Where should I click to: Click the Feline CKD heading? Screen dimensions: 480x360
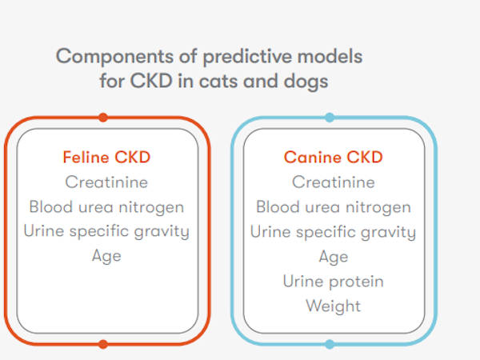(x=106, y=158)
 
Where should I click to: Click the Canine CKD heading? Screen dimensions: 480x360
(x=334, y=158)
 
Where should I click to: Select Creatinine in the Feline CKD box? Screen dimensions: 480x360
(x=106, y=182)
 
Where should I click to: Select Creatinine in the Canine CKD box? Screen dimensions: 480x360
(x=334, y=182)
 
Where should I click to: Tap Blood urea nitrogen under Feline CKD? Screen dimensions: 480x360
(x=106, y=207)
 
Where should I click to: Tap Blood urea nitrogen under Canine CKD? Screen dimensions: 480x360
(x=334, y=207)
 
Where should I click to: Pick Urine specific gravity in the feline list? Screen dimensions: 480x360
(x=106, y=232)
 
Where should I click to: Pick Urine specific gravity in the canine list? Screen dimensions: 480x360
(x=334, y=232)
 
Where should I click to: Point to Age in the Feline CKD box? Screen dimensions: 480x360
(x=106, y=256)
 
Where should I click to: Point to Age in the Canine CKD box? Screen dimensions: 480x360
(x=334, y=257)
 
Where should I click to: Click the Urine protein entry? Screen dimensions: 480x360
(x=334, y=282)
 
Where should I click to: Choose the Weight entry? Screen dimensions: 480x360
(x=334, y=306)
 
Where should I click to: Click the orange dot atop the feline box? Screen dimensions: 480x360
(x=103, y=118)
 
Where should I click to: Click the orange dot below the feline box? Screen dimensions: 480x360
(x=103, y=344)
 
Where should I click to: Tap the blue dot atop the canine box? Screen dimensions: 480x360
(x=330, y=118)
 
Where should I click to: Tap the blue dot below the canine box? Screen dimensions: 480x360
(x=330, y=344)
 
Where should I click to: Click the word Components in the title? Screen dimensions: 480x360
(x=114, y=58)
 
